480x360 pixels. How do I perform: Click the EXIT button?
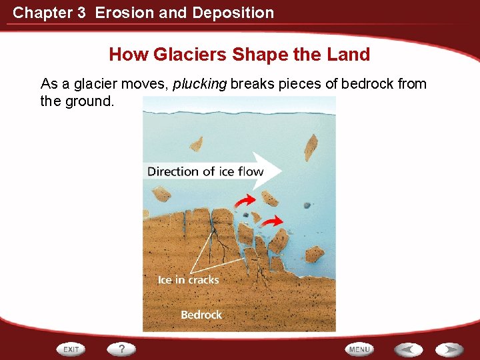tap(71, 349)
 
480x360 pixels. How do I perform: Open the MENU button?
tap(359, 349)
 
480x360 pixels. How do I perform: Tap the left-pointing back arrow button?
tap(407, 349)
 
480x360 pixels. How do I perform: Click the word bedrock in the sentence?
tap(369, 84)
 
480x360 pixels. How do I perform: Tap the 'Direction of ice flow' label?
tap(205, 171)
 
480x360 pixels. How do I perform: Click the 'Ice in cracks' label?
tap(188, 280)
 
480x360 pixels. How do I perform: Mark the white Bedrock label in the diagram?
tap(201, 314)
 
